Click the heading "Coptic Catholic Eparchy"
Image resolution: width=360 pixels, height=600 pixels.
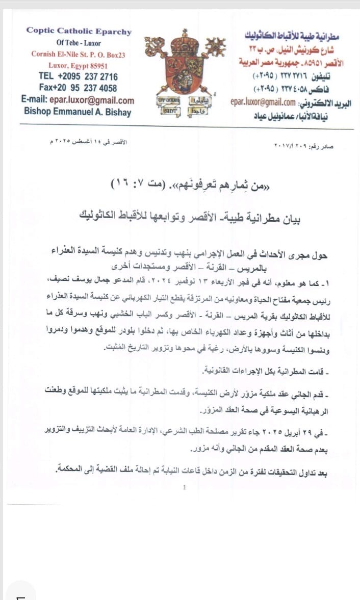79,31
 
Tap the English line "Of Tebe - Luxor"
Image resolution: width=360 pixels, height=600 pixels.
79,43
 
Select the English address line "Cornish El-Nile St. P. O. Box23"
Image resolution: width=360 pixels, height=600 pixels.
78,54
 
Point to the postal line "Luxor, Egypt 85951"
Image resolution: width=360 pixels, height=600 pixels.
78,66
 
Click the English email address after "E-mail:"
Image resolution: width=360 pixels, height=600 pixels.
95,100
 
